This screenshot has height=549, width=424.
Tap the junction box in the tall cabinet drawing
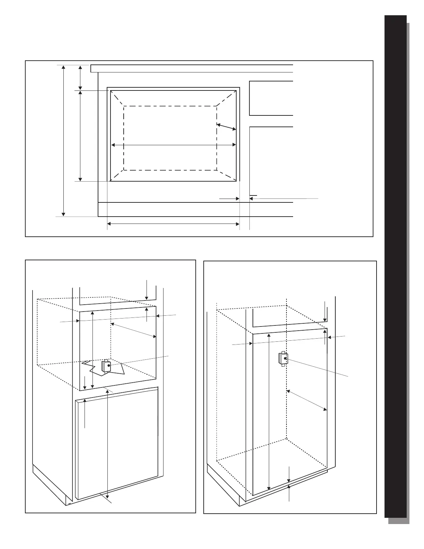pos(283,359)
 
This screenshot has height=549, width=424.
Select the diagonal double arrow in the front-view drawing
pos(227,127)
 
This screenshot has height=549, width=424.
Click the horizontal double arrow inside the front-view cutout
pos(173,145)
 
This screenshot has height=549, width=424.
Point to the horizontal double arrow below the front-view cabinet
pos(173,224)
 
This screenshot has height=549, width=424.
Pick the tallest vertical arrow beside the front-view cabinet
pos(63,140)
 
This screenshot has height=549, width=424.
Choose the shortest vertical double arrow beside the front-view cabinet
pos(80,77)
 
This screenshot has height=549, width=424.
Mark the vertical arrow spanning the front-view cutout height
pos(80,136)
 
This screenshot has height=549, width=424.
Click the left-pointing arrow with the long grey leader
pos(284,199)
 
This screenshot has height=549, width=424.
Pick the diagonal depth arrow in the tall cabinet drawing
pos(307,400)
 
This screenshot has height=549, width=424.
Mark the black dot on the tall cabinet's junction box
pos(285,358)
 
